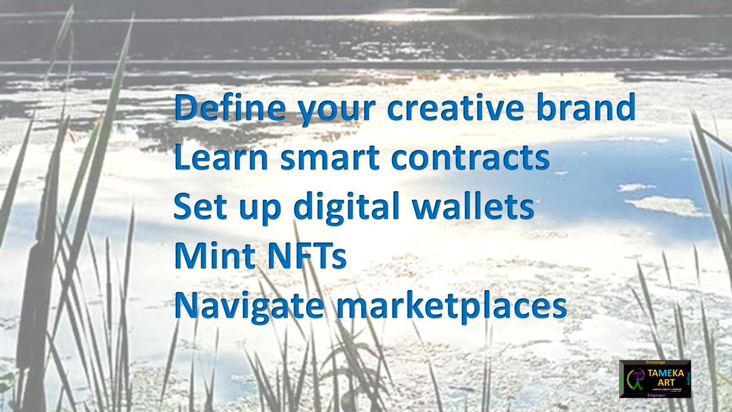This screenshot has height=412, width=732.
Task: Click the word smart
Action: [x=329, y=157]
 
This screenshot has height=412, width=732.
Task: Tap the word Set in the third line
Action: [x=197, y=208]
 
